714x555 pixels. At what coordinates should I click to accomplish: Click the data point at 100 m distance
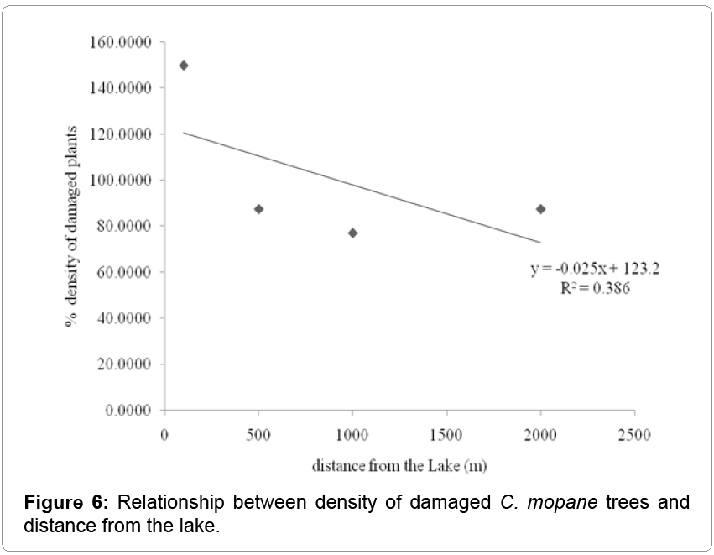[x=184, y=65]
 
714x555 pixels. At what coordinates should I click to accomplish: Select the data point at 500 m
[x=258, y=209]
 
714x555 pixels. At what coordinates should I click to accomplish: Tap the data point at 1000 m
[x=352, y=233]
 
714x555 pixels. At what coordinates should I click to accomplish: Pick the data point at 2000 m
[x=540, y=209]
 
